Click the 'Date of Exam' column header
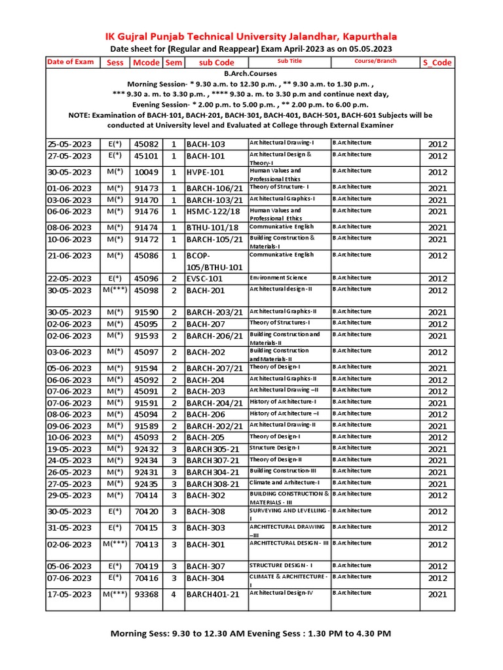click(x=71, y=62)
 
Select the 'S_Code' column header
click(x=437, y=63)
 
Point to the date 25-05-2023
click(x=69, y=144)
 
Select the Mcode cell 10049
click(x=146, y=173)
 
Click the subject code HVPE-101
click(x=205, y=173)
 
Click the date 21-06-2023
click(x=69, y=256)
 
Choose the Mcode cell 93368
click(x=146, y=594)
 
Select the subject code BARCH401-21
click(x=213, y=594)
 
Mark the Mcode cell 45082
click(x=146, y=144)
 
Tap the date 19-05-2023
click(x=69, y=449)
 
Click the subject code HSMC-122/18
click(x=213, y=211)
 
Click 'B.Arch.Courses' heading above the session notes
click(x=251, y=74)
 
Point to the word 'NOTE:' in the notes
click(x=83, y=115)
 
